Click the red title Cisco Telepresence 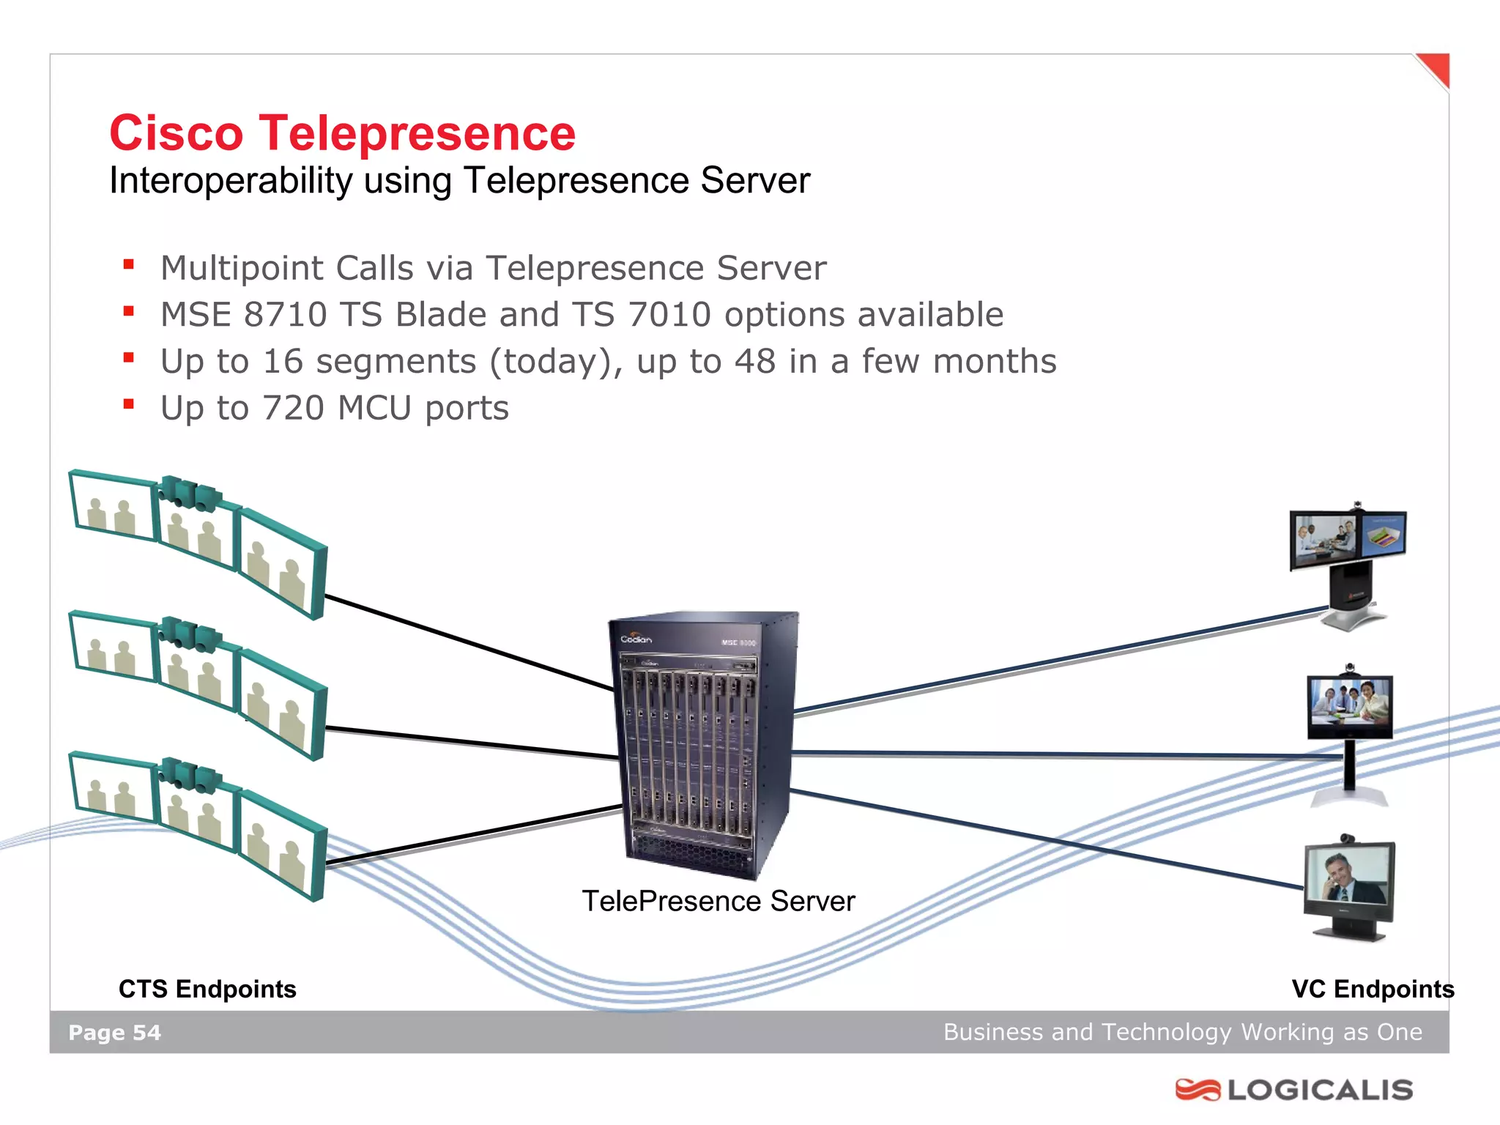[x=342, y=133]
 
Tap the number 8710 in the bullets [x=285, y=315]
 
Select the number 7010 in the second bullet [x=669, y=315]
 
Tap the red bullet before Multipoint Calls [x=129, y=265]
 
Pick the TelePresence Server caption [x=718, y=901]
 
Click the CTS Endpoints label [x=207, y=989]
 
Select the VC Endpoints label [x=1373, y=989]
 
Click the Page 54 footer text [x=114, y=1033]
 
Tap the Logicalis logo [x=1294, y=1090]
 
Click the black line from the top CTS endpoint [x=469, y=643]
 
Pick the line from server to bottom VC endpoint [x=1047, y=839]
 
